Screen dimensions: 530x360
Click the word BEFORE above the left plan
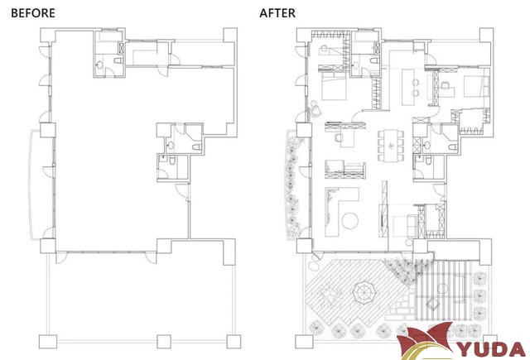pos(33,13)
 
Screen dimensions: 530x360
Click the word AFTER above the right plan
pos(277,13)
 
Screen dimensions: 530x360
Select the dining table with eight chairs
pos(391,145)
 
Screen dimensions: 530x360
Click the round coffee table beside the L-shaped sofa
pos(349,221)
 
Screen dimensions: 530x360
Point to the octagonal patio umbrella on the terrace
pos(364,292)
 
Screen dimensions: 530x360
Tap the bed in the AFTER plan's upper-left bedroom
pos(333,87)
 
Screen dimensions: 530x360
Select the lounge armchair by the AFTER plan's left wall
pos(316,108)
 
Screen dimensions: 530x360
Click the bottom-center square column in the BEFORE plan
pos(164,342)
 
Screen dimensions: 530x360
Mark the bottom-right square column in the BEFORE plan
pos(234,342)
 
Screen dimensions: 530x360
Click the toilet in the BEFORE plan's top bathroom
pos(118,60)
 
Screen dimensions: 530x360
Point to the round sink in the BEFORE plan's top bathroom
pos(99,65)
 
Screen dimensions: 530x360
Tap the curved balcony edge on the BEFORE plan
pos(31,185)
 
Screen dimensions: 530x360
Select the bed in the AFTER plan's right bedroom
pos(476,86)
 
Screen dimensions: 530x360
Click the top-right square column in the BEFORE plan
pos(230,35)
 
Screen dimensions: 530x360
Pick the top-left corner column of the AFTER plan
pos(304,35)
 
